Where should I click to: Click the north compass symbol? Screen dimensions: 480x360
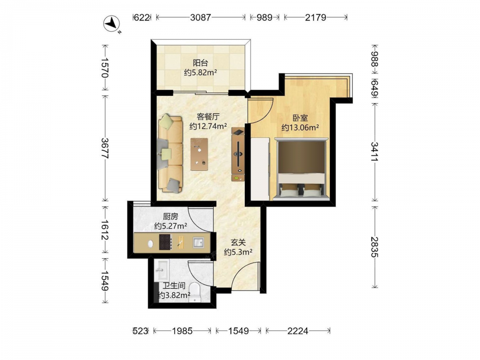(x=111, y=24)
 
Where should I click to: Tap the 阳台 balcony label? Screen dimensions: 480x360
(x=201, y=63)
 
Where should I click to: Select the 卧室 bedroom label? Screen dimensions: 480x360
(x=300, y=118)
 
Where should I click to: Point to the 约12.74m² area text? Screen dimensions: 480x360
(x=208, y=126)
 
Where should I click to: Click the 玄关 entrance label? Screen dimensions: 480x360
(x=238, y=242)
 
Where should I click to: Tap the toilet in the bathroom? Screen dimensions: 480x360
(x=195, y=292)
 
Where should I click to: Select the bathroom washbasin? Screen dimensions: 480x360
(x=161, y=269)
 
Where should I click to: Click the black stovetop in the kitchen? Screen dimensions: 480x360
(x=165, y=242)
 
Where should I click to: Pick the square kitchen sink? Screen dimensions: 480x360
(x=198, y=242)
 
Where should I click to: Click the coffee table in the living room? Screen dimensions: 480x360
(x=199, y=154)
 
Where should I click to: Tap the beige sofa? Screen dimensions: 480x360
(x=170, y=154)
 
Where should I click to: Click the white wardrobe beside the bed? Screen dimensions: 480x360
(x=260, y=169)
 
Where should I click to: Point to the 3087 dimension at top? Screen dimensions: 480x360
(x=201, y=17)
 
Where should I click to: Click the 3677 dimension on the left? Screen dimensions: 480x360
(x=105, y=148)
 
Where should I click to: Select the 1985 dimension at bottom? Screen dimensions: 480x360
(x=182, y=331)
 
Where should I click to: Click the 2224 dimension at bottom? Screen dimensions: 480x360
(x=298, y=331)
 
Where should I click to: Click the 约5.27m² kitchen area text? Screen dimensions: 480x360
(x=171, y=226)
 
